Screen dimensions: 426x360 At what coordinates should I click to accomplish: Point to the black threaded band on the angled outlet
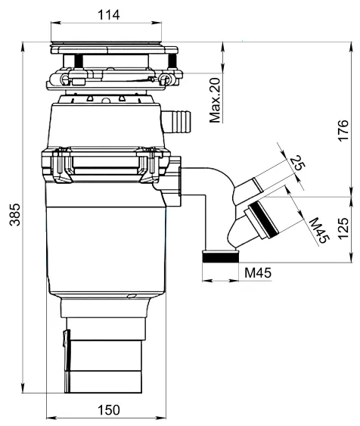coord(260,217)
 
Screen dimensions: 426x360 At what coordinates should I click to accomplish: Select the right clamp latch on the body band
coord(150,164)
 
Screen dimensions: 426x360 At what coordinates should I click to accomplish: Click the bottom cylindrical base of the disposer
coord(104,371)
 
